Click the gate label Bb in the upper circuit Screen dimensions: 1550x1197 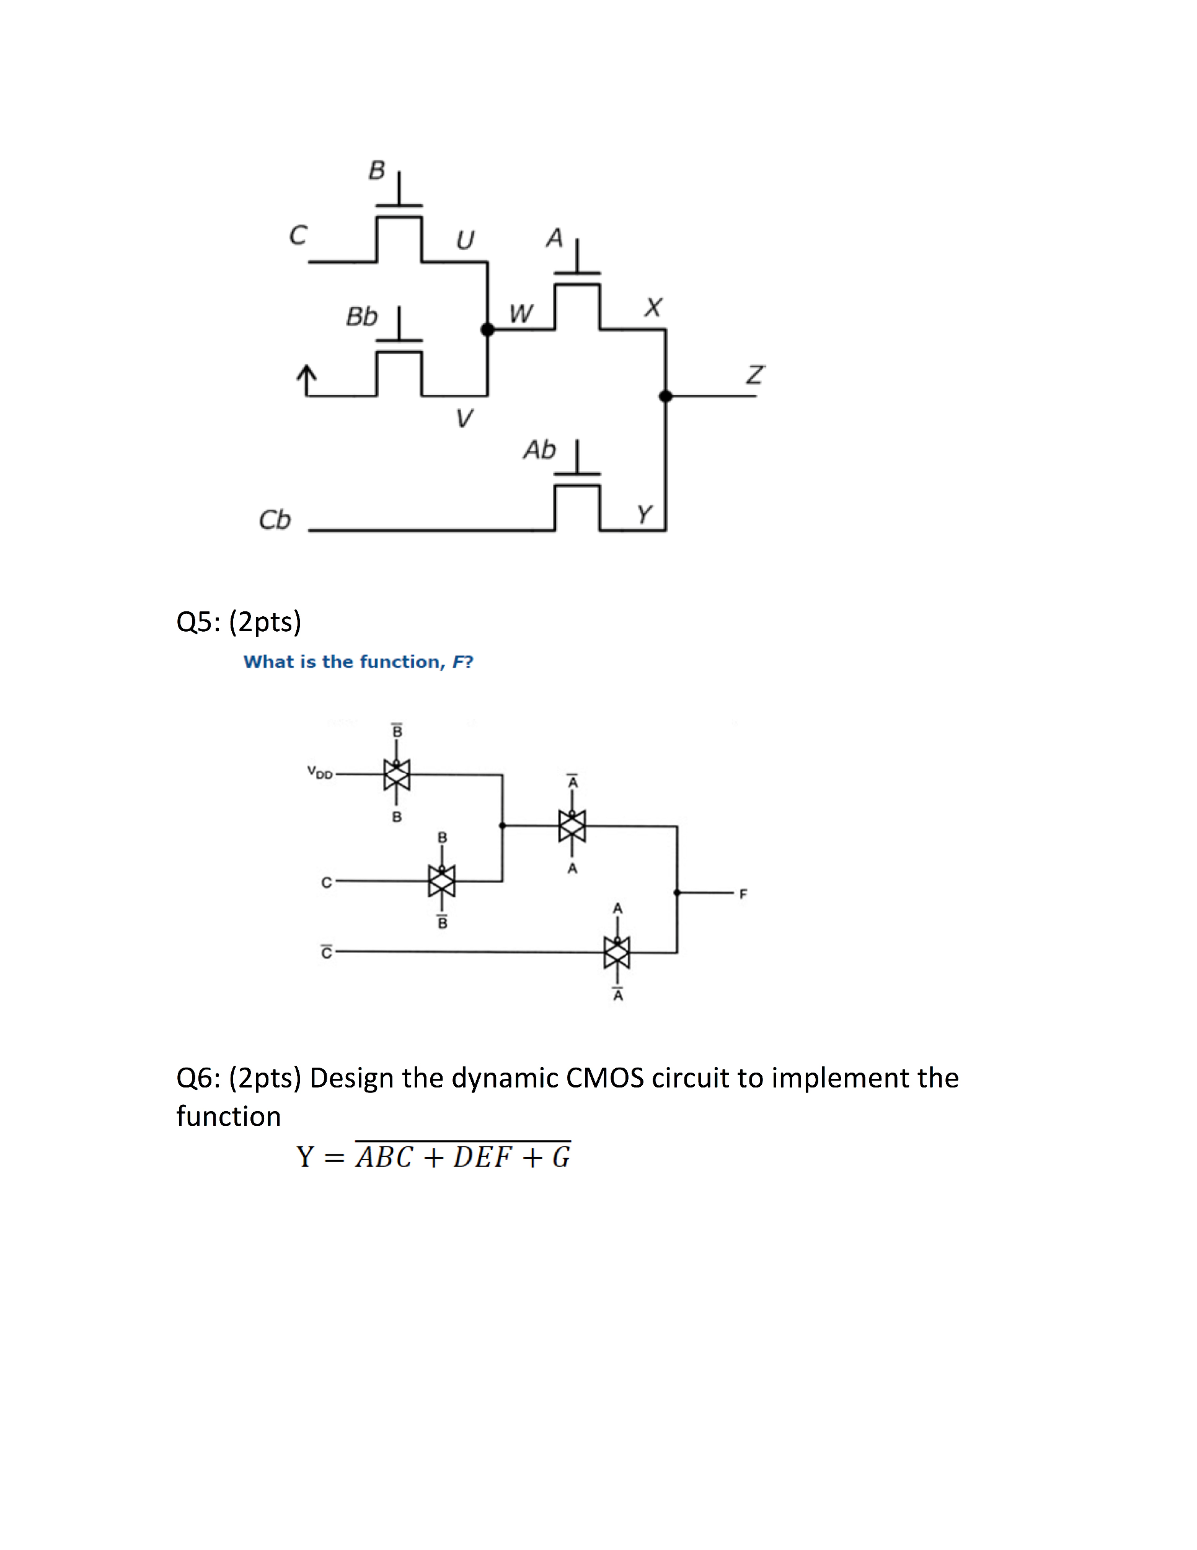click(361, 317)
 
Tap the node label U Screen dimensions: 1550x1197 click(465, 241)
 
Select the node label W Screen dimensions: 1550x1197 click(520, 314)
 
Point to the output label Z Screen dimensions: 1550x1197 click(754, 374)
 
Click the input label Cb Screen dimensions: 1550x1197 click(275, 520)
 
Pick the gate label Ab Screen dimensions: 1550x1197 click(539, 450)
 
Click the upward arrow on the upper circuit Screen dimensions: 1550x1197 click(306, 379)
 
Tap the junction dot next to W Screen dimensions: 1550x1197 click(487, 329)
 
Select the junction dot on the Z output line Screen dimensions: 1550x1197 click(666, 396)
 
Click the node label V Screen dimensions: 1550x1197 click(464, 418)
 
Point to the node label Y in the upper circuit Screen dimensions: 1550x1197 click(643, 514)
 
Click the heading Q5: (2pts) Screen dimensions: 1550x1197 click(239, 622)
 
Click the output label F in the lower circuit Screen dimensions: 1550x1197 click(743, 894)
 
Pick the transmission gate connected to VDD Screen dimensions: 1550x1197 click(397, 774)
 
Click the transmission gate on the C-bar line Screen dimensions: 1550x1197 click(617, 952)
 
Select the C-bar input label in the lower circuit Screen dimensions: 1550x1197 click(327, 952)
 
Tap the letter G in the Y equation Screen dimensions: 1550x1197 click(560, 1158)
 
